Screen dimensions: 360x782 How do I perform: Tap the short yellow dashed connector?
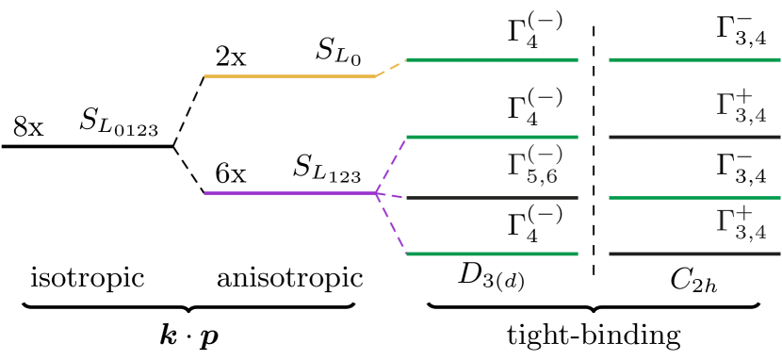391,68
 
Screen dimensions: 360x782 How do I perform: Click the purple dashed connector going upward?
391,166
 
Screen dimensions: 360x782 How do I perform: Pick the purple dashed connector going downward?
391,223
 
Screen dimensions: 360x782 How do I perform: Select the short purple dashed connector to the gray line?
391,195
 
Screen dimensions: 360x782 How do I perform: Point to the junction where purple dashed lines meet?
377,193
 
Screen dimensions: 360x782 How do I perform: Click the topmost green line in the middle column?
491,59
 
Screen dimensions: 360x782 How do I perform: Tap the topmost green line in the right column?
694,59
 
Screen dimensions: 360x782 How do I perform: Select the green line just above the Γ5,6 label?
491,137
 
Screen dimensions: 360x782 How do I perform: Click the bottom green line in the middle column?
491,254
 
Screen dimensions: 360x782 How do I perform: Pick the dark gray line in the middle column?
491,198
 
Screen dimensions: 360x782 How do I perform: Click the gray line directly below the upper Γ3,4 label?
694,137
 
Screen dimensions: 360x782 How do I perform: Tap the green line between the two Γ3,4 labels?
694,198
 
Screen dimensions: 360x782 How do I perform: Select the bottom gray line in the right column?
694,254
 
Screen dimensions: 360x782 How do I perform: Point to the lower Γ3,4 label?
741,223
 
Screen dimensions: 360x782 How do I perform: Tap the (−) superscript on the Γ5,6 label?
546,153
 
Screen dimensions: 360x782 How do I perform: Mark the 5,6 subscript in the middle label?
542,175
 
